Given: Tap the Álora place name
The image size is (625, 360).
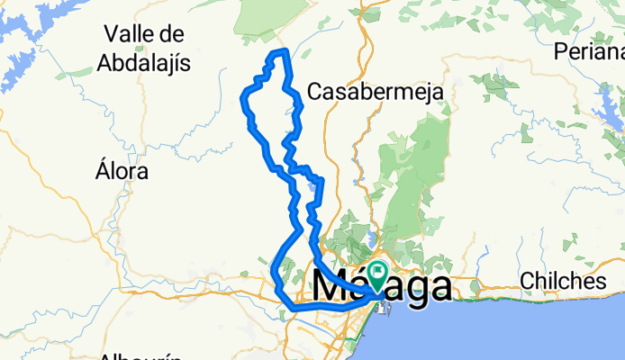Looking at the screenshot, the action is pos(122,170).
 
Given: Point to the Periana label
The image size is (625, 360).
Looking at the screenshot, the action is pos(590,50).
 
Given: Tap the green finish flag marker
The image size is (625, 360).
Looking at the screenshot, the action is pos(378,274).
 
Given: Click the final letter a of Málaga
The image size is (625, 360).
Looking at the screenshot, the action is pos(439,289).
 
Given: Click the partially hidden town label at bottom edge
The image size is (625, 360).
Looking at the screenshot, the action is pos(144,355).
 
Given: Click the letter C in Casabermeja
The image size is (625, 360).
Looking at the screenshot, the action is pos(315,92).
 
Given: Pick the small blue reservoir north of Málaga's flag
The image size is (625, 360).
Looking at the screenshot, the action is pos(370,239).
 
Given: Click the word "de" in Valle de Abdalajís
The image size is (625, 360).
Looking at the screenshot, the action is pos(173,34).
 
